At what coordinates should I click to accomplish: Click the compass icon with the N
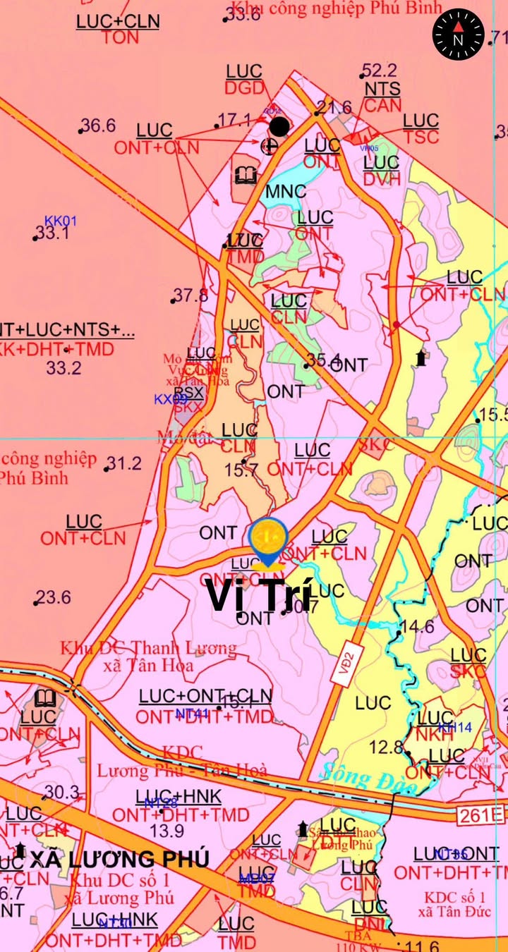(458, 34)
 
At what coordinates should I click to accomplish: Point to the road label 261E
(480, 816)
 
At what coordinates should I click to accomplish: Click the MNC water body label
(286, 191)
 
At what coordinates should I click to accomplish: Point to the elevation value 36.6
(98, 126)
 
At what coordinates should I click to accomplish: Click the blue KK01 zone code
(61, 221)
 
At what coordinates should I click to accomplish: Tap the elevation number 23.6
(54, 597)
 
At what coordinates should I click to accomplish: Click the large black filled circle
(279, 126)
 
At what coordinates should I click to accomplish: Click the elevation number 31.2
(124, 463)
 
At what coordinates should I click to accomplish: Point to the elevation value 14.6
(418, 626)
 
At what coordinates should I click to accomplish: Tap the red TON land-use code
(120, 38)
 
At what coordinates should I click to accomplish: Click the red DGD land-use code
(244, 88)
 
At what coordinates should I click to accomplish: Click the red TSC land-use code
(421, 137)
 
